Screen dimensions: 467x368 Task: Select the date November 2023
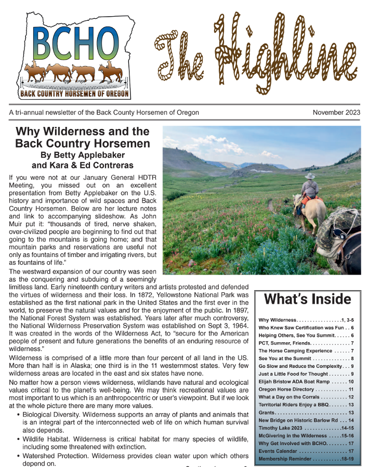[336, 112]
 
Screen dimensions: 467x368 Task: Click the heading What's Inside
[307, 299]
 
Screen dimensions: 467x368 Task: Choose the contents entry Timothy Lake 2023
[281, 427]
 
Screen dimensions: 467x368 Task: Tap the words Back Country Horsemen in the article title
[82, 143]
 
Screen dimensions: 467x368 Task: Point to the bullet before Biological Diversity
[19, 414]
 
